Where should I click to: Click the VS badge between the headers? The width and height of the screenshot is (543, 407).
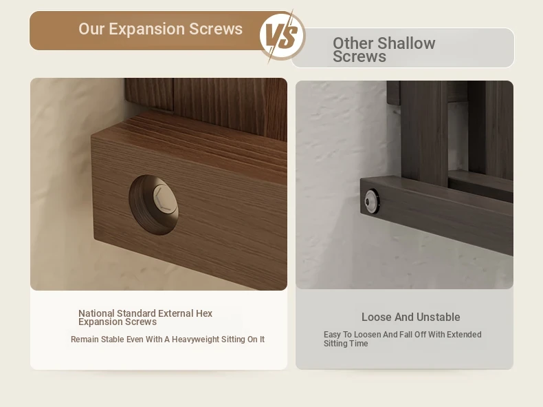click(x=282, y=36)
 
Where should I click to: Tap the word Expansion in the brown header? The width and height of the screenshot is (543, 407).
click(x=147, y=29)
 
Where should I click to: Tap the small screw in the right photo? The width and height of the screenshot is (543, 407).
click(x=372, y=200)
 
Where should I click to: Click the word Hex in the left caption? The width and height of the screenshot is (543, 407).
click(x=204, y=313)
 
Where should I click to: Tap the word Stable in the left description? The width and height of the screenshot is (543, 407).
click(x=112, y=340)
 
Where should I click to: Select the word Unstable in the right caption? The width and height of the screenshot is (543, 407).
click(x=438, y=317)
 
